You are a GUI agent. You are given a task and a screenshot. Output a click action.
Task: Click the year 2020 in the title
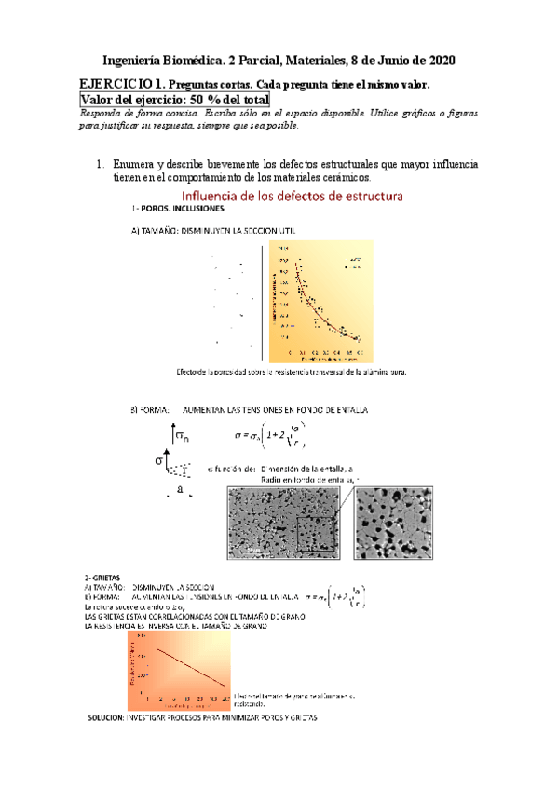(x=439, y=61)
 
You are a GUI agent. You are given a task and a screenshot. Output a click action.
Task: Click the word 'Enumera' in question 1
(x=136, y=164)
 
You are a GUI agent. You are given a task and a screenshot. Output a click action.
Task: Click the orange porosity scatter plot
(x=320, y=301)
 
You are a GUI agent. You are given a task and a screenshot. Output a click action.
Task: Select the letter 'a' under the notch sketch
(x=179, y=489)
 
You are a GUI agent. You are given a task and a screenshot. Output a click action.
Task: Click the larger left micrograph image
(x=283, y=524)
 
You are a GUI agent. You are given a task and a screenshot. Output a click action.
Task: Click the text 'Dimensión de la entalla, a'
(x=307, y=469)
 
